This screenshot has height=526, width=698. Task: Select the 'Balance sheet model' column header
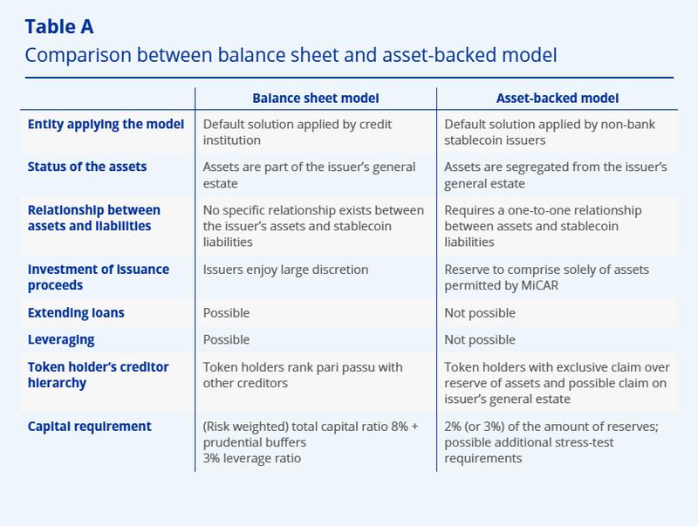[x=316, y=99]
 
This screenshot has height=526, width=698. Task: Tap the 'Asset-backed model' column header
[x=558, y=99]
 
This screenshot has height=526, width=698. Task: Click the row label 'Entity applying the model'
[x=106, y=125]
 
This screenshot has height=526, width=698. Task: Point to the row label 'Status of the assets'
[x=87, y=167]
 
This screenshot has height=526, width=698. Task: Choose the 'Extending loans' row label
[x=76, y=312]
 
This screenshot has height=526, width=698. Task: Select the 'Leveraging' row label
[x=61, y=339]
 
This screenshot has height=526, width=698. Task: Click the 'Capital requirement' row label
[x=90, y=427]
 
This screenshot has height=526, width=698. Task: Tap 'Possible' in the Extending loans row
[x=226, y=312]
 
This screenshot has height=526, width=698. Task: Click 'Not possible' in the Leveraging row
[x=480, y=339]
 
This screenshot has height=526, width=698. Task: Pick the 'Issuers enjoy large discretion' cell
[x=285, y=270]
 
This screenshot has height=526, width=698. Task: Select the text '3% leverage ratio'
[x=252, y=458]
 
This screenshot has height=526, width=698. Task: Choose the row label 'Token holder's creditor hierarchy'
[x=99, y=375]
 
